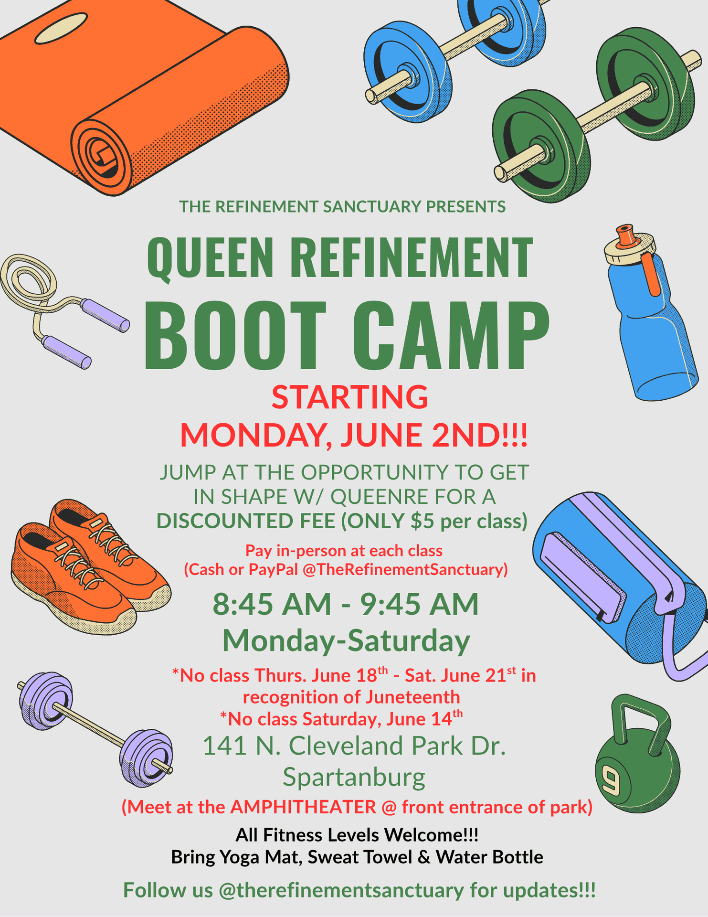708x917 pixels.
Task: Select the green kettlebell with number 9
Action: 637,755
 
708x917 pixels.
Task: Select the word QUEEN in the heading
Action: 210,258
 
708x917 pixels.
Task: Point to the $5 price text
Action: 422,521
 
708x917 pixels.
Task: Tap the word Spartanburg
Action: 354,778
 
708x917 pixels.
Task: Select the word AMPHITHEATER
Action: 303,807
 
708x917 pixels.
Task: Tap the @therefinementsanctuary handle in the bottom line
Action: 341,890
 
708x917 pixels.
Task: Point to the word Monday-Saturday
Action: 346,640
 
